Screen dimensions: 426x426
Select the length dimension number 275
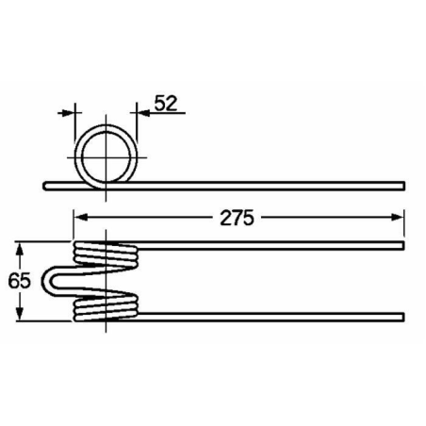pyautogui.click(x=238, y=218)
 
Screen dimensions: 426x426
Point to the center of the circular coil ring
pyautogui.click(x=106, y=156)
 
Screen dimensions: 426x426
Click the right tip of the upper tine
pyautogui.click(x=402, y=247)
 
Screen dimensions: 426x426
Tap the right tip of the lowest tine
pyautogui.click(x=402, y=315)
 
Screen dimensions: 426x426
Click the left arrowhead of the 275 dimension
pyautogui.click(x=80, y=218)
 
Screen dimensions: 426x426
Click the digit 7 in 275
pyautogui.click(x=238, y=218)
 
